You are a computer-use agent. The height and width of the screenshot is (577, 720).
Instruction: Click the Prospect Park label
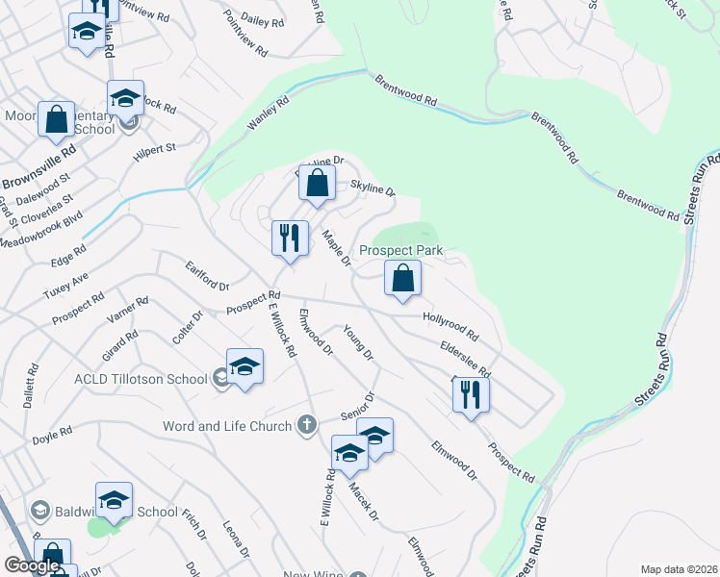400,250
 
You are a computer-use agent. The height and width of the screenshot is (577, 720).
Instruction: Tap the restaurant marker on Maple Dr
290,238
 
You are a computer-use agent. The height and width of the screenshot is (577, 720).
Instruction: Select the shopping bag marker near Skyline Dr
317,183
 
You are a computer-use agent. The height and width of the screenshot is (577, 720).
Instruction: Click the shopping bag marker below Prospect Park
403,280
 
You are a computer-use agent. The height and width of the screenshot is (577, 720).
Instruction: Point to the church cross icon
307,424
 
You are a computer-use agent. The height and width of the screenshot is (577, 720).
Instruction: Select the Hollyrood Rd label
450,327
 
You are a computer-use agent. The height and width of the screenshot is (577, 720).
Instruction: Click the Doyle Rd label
52,436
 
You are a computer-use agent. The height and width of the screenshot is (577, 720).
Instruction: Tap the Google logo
32,565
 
